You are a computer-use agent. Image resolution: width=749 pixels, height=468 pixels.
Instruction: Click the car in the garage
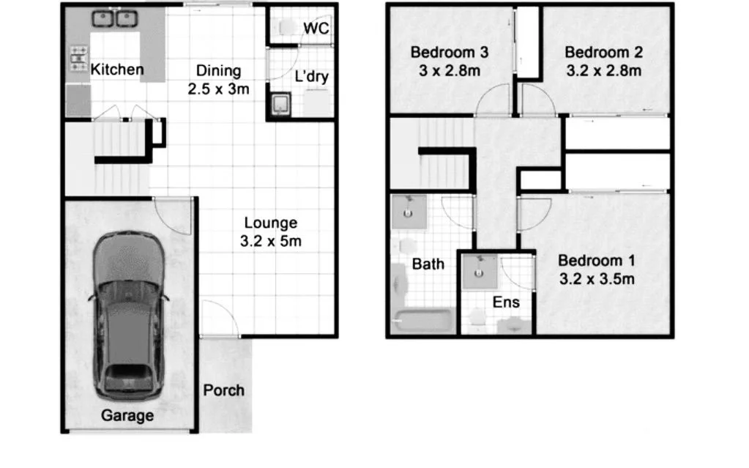pos(127,315)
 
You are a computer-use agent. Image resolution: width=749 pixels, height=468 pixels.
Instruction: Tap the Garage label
pos(127,416)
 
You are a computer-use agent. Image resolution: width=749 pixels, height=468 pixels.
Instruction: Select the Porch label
pos(224,390)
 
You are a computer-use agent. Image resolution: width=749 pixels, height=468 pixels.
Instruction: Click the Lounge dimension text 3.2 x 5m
pos(271,240)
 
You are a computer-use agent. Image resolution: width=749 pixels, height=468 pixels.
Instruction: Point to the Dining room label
pos(218,71)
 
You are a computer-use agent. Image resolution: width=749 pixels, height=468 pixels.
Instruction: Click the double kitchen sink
pos(116,19)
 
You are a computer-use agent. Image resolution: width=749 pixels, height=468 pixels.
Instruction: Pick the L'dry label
pos(310,76)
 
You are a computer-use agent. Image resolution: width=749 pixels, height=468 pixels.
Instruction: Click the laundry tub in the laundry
pos(280,105)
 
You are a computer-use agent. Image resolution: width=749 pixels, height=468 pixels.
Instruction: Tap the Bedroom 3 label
pos(449,53)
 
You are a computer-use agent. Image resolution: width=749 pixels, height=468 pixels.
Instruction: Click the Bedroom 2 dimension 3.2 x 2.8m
pos(604,71)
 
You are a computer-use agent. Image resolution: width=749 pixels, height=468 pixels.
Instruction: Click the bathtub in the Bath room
pos(422,320)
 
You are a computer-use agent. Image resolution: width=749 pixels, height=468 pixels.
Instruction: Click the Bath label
pos(428,264)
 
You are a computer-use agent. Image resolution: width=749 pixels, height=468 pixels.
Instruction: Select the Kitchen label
pos(117,70)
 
